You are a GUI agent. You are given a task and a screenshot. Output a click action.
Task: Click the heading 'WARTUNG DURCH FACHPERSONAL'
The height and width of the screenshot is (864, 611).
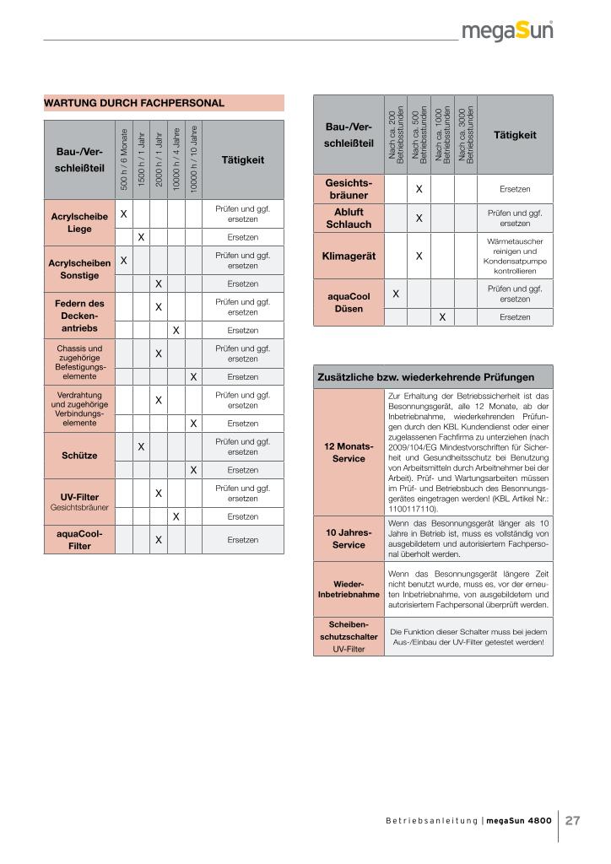134,104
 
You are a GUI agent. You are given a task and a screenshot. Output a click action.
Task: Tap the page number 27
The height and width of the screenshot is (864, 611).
573,820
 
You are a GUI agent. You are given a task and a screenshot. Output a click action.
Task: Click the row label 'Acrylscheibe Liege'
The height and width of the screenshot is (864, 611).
79,223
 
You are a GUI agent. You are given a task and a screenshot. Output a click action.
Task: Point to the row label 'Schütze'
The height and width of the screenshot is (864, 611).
79,456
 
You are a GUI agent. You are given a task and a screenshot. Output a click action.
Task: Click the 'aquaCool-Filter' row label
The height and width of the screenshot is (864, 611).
79,539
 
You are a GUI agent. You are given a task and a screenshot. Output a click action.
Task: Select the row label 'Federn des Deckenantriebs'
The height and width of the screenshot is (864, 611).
79,315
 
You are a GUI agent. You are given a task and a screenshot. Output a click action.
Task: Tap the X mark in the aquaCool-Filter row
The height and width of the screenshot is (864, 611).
158,539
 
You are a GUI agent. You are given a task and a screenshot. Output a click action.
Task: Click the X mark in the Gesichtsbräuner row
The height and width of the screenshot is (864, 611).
419,190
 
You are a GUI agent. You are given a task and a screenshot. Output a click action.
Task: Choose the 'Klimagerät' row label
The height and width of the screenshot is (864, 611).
349,255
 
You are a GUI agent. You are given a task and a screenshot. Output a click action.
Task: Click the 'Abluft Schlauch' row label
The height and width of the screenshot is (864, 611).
349,218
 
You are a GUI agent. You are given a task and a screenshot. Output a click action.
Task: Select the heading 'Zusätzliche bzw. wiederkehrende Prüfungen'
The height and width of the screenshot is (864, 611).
425,376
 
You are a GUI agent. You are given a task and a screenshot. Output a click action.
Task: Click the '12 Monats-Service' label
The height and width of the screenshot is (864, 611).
349,452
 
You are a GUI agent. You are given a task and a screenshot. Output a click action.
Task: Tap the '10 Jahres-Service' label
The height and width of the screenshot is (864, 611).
349,539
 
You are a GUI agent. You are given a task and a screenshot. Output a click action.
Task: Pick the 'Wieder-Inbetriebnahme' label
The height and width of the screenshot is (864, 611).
349,588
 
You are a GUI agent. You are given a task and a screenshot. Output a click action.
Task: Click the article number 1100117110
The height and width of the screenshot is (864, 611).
413,510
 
